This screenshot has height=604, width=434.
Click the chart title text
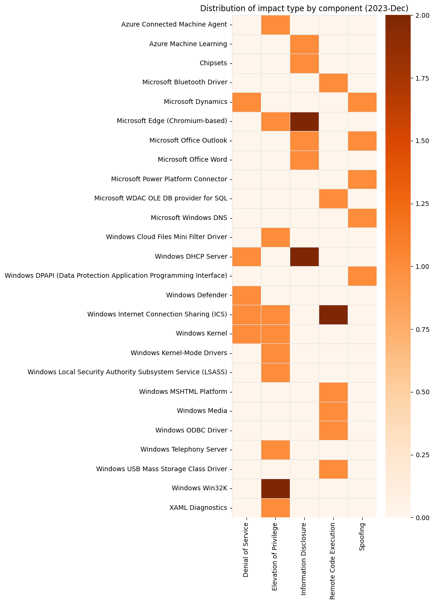[x=304, y=8]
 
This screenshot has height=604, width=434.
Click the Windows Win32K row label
[x=199, y=488]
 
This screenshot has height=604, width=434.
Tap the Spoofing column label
[x=362, y=536]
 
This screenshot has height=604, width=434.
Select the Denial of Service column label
[x=246, y=549]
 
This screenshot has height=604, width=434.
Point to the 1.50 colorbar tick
[x=420, y=141]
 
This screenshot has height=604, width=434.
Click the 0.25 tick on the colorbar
[x=420, y=455]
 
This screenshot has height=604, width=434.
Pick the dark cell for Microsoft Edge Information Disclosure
[x=304, y=121]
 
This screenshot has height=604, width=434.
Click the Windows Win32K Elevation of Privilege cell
[x=275, y=488]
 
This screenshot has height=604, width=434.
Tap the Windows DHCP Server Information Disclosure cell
[x=304, y=256]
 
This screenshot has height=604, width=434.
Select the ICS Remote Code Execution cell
[x=333, y=314]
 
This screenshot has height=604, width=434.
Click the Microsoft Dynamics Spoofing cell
[x=362, y=102]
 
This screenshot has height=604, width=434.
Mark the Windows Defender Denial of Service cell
[x=246, y=295]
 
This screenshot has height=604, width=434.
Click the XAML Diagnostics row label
[x=198, y=508]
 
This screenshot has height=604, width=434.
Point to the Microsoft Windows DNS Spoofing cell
[x=362, y=218]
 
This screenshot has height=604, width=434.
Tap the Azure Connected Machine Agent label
[x=174, y=24]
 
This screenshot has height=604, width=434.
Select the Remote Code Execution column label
[x=333, y=561]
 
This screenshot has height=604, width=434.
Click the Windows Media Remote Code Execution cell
[x=333, y=411]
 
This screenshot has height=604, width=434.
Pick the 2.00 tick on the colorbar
[x=420, y=15]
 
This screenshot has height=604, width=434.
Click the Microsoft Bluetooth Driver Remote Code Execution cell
[x=333, y=82]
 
